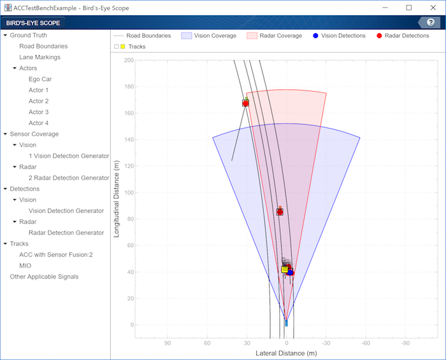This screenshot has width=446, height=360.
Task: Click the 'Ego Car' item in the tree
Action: pos(40,79)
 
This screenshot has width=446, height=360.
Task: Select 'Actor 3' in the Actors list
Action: pos(38,112)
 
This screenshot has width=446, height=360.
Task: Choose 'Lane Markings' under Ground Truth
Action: pos(40,57)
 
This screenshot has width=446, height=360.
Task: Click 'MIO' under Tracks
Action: pos(25,266)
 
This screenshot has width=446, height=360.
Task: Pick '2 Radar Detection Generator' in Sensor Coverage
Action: pos(69,178)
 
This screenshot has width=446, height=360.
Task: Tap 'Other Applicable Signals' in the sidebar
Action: pos(44,277)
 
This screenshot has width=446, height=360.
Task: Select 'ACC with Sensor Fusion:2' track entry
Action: pos(56,255)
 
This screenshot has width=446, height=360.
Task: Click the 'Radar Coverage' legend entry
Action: pos(278,36)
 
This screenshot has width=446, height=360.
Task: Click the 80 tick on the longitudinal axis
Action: pos(131,219)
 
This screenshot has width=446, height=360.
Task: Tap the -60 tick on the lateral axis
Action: pos(366,343)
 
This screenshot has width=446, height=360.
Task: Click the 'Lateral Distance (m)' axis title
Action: pos(285,353)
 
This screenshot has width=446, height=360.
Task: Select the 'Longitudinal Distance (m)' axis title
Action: pos(117,193)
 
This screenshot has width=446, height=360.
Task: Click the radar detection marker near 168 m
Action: pos(245,103)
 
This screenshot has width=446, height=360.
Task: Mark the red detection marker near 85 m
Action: pos(280,212)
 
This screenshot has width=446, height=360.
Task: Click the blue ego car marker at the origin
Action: pos(286,323)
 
